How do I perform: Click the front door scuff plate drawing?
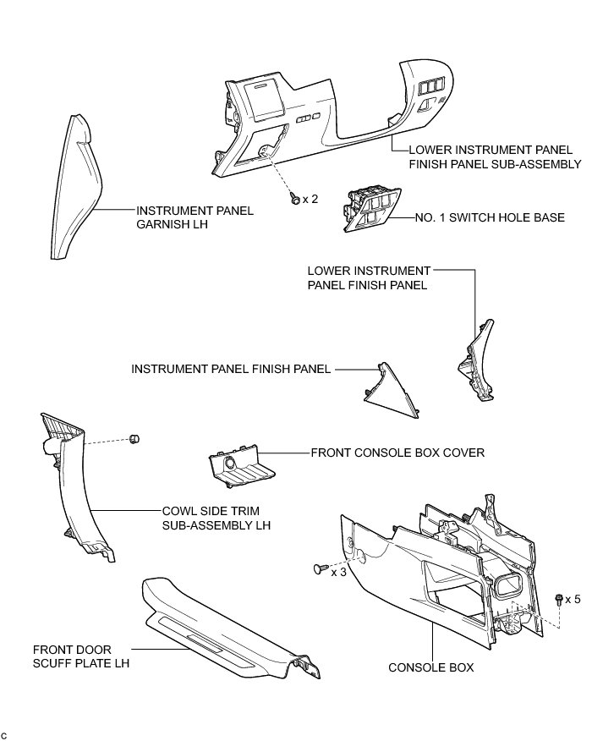coord(220,626)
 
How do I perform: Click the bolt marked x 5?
coord(561,599)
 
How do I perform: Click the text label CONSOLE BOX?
coord(430,667)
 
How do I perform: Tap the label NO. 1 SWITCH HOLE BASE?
coord(490,218)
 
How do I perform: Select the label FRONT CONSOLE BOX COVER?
coord(397,453)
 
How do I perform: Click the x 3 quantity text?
coord(339,573)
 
